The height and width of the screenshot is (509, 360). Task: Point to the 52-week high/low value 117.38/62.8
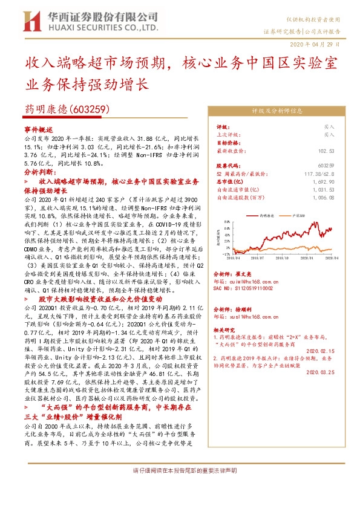coord(318,173)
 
